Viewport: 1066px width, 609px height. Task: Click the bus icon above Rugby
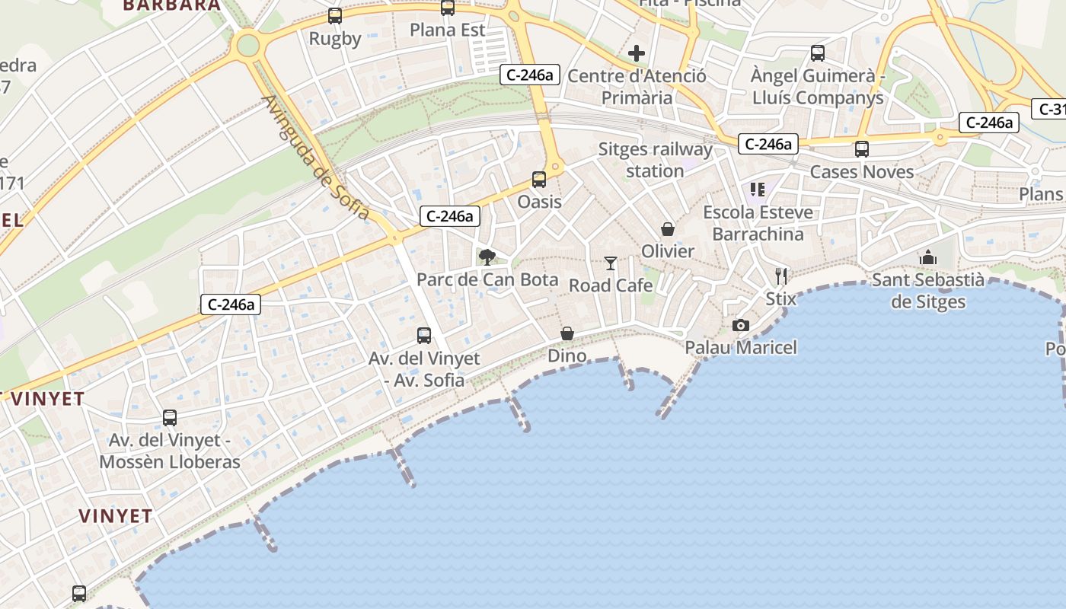(x=335, y=15)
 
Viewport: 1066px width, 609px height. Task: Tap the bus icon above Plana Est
(x=448, y=8)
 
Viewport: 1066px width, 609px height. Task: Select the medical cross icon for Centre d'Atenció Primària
(x=637, y=53)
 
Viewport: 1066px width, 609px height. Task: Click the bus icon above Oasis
(x=539, y=180)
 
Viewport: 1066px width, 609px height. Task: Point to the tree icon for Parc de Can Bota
(x=487, y=257)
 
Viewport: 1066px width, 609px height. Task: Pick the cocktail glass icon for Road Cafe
(x=611, y=263)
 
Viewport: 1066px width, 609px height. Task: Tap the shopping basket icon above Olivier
(x=668, y=229)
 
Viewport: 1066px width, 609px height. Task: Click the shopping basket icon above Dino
(x=567, y=333)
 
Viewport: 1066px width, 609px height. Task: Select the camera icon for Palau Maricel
(x=740, y=326)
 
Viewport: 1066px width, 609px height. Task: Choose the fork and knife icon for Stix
(x=781, y=276)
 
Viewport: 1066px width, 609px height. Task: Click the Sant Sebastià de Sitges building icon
(x=927, y=258)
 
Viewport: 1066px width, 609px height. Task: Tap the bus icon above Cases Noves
(x=862, y=149)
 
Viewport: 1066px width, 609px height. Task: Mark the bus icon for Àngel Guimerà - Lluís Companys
(x=818, y=53)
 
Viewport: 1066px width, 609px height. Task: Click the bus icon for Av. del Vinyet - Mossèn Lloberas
(x=170, y=418)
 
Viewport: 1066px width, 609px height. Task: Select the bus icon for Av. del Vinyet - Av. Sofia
(x=424, y=336)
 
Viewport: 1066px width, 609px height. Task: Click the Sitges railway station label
(x=655, y=160)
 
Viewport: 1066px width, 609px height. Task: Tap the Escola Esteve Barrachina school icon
(x=757, y=190)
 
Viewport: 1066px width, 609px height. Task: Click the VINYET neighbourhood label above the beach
(x=115, y=515)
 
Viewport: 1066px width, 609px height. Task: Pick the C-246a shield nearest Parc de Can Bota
(x=449, y=216)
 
